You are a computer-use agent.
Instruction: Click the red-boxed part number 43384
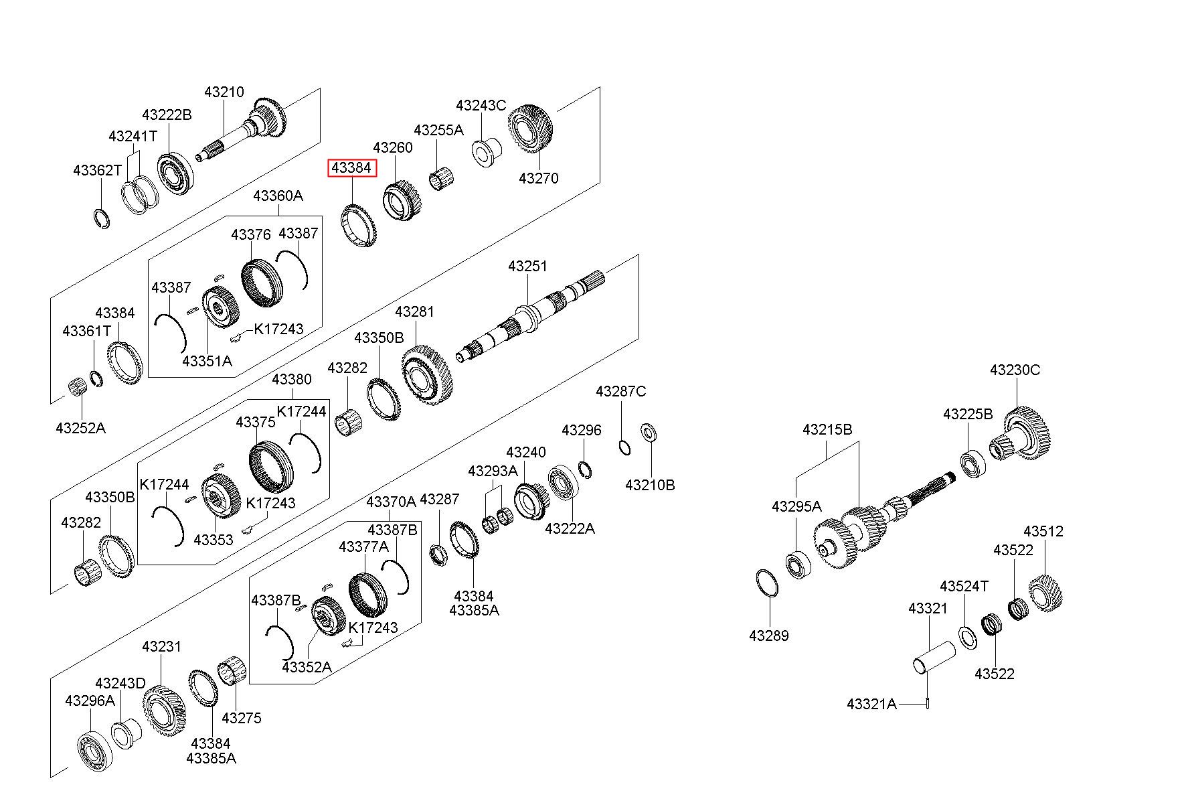coord(351,168)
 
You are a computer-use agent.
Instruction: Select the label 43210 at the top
coord(224,92)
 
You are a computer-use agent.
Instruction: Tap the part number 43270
coord(539,178)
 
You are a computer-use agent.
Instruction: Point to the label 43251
coord(527,266)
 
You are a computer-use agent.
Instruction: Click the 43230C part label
coord(1015,370)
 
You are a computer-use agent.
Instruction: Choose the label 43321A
coord(871,704)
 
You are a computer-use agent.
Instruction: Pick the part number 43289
coord(769,636)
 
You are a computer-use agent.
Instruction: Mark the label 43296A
coord(90,701)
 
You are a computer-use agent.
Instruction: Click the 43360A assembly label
coord(278,196)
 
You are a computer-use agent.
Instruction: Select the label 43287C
coord(621,391)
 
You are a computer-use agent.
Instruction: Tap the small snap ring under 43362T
coord(100,218)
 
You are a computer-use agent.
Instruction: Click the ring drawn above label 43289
coord(767,583)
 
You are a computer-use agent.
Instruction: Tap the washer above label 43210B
coord(649,433)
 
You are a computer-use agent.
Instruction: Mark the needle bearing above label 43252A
coord(80,387)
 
